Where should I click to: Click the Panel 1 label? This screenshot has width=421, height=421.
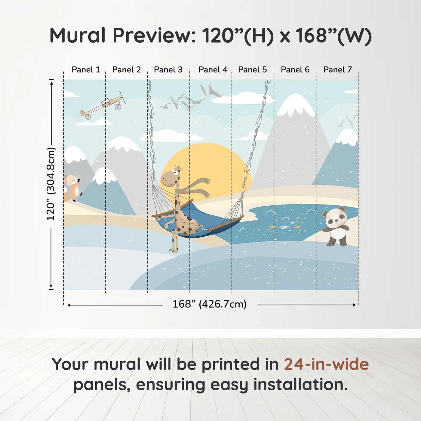[x=86, y=70]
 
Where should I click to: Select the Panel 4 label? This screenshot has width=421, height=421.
[x=213, y=70]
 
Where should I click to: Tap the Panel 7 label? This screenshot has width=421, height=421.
[x=337, y=70]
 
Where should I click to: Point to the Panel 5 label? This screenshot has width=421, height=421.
[x=253, y=70]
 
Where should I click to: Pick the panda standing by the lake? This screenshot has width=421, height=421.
[x=335, y=226]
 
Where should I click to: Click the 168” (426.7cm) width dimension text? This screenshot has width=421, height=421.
[x=210, y=304]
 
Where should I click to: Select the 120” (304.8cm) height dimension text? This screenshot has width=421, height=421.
[x=51, y=184]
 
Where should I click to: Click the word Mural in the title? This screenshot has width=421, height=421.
[x=78, y=35]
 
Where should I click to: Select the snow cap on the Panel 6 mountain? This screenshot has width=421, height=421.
[x=295, y=105]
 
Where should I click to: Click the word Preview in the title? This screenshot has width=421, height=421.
[x=152, y=35]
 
